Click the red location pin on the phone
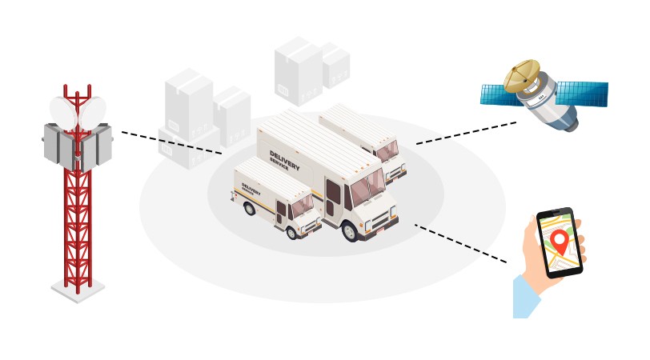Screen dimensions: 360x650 point(560,240)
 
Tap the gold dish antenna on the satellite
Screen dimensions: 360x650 point(521,74)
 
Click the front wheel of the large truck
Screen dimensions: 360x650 point(350,230)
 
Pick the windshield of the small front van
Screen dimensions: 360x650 point(303,206)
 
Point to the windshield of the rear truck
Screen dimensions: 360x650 point(387,150)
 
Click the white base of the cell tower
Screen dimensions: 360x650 point(78,289)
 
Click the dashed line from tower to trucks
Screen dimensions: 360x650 point(171,142)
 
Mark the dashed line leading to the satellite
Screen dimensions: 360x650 point(466,133)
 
